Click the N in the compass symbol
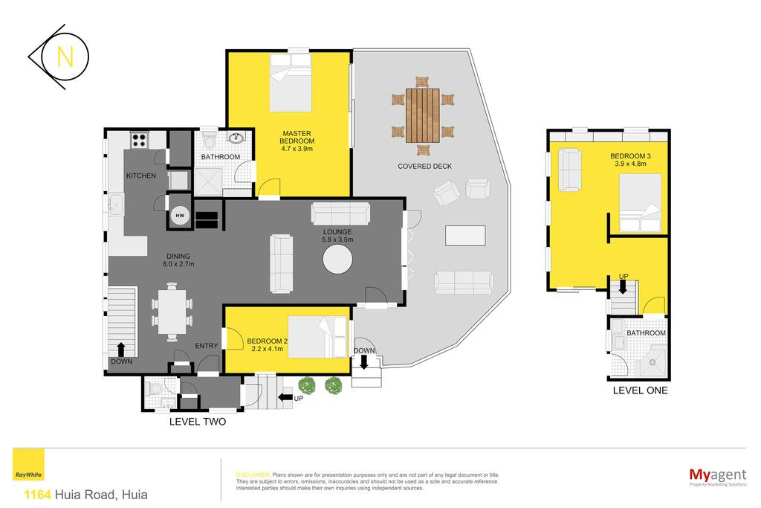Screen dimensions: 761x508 (x=65, y=57)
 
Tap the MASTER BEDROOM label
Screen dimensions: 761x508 (x=297, y=137)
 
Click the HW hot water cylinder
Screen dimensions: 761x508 (x=180, y=215)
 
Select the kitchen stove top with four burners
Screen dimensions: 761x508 (x=139, y=141)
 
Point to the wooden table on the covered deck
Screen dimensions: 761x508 (x=423, y=115)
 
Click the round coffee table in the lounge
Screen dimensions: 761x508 (x=338, y=260)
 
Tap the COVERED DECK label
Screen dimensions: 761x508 (x=424, y=166)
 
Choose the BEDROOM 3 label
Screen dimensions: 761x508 (x=630, y=156)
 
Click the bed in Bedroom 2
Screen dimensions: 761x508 (x=318, y=337)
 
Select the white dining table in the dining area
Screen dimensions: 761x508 (x=172, y=312)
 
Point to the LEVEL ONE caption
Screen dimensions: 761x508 (x=640, y=390)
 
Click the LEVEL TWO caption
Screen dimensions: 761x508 (x=198, y=422)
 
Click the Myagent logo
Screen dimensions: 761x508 (x=718, y=476)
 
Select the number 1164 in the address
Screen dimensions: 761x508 (x=37, y=495)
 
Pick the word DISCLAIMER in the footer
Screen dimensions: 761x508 (x=253, y=475)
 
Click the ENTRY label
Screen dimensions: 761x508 (x=207, y=346)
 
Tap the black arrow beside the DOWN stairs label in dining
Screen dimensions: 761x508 (x=120, y=350)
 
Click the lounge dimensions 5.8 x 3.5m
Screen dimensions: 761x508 (x=337, y=239)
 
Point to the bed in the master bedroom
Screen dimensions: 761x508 (x=291, y=83)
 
